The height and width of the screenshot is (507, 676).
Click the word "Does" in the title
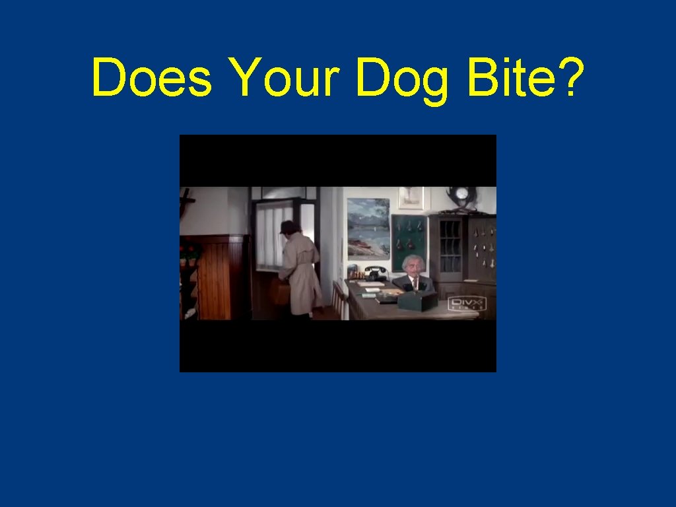152,77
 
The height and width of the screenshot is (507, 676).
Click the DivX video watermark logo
467,304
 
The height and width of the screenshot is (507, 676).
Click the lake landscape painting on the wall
368,228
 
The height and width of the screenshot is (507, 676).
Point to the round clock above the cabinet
460,196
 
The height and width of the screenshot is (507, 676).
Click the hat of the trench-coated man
288,227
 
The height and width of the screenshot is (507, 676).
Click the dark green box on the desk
417,301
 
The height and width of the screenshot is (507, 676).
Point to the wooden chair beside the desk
339,300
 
